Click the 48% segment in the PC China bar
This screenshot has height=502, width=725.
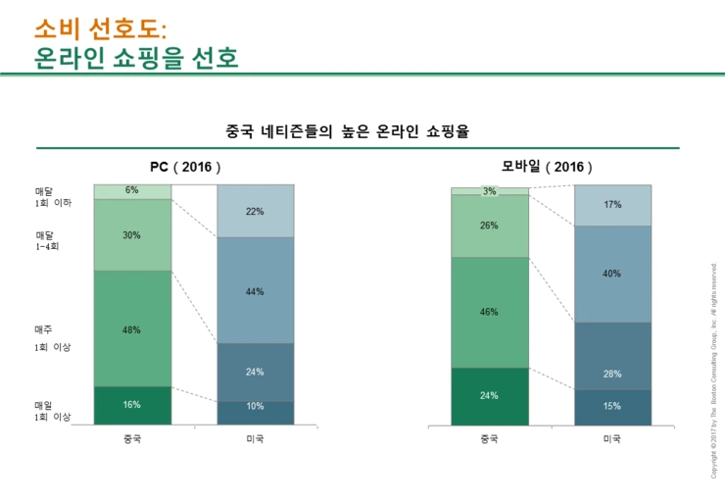[x=132, y=329]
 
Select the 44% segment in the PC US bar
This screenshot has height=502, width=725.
[x=255, y=291]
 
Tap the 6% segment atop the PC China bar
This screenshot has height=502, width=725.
[x=132, y=191]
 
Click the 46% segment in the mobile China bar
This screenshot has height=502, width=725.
[x=489, y=312]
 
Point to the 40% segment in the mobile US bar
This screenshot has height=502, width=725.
[x=612, y=274]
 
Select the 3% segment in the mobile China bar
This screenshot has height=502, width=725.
[x=489, y=191]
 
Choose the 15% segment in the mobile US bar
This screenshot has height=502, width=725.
[x=612, y=407]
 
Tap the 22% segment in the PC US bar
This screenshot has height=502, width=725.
[x=255, y=211]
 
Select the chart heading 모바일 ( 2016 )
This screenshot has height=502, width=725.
[x=548, y=167]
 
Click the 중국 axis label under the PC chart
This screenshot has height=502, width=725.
[x=132, y=438]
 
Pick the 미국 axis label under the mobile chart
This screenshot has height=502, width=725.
[x=612, y=438]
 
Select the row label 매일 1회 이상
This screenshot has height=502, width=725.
[x=53, y=410]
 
